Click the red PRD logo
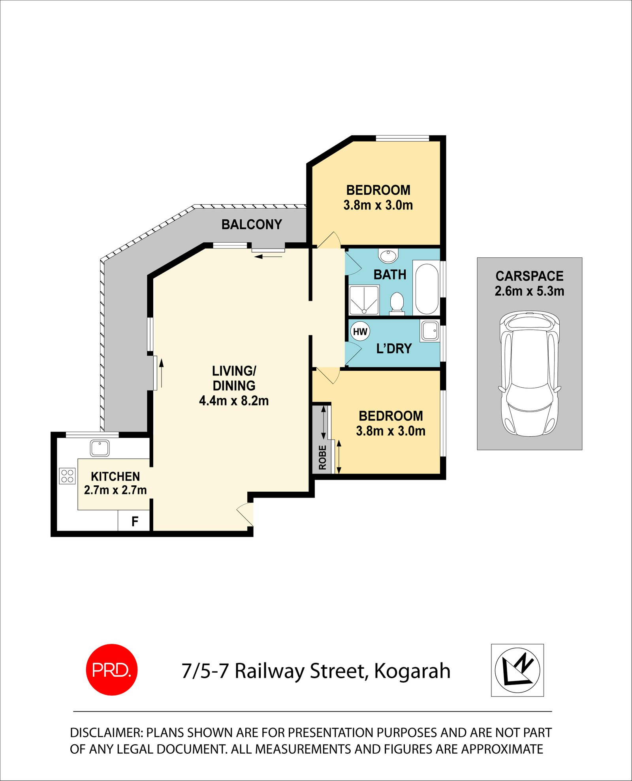[x=112, y=670]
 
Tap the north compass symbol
[x=517, y=670]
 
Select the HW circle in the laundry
[x=360, y=332]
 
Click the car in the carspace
[x=529, y=374]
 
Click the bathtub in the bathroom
[x=427, y=288]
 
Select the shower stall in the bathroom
[x=364, y=300]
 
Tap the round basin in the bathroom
[x=388, y=256]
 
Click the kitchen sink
[x=100, y=448]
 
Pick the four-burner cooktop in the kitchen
[x=67, y=476]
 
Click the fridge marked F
[x=134, y=521]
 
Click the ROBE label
[x=322, y=457]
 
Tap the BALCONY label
[x=252, y=224]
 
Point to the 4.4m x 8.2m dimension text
[x=234, y=401]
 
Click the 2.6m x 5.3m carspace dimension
[x=529, y=291]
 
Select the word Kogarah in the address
[x=412, y=671]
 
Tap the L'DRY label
[x=394, y=349]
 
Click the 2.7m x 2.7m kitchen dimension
[x=115, y=490]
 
